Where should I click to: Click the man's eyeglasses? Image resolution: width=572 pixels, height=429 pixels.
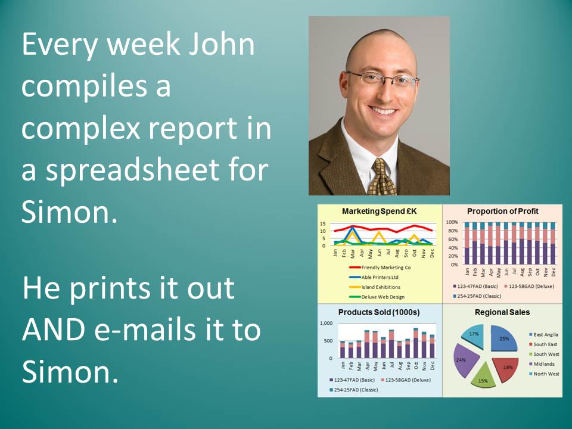382,79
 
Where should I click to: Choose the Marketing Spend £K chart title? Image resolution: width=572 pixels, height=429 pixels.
379,211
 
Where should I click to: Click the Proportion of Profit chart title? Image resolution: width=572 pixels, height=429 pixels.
503,211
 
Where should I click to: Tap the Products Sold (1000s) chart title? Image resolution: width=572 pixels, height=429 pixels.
379,312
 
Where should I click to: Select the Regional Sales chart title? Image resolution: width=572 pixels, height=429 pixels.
502,312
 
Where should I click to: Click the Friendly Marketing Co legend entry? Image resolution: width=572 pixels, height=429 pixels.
380,268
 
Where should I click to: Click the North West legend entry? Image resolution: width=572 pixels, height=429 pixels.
544,374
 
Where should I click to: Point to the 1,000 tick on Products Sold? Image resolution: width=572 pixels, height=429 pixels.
326,323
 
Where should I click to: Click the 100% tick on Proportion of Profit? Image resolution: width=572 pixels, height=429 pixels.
452,222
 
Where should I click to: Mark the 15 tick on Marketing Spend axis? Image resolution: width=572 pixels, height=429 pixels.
323,223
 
